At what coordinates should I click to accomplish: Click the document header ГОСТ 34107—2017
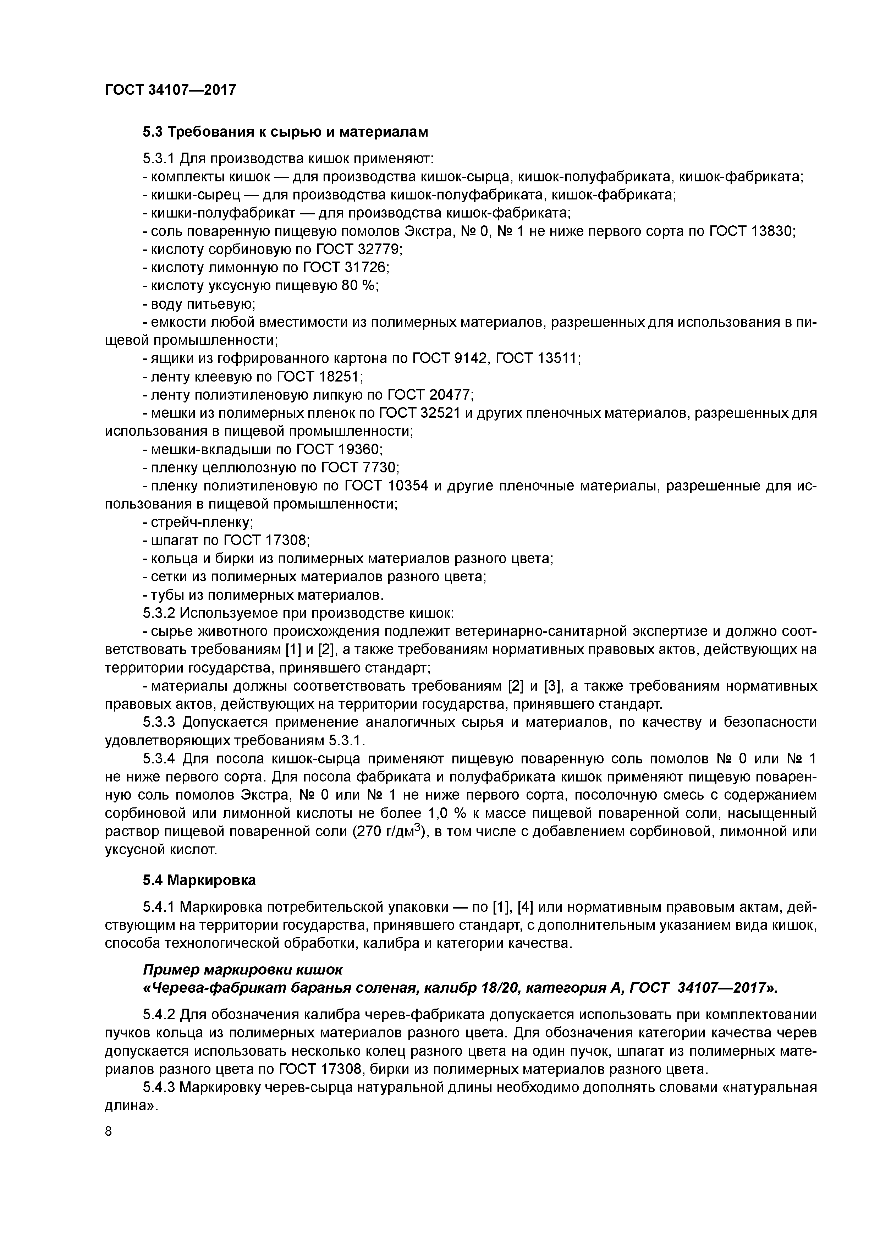coord(170,89)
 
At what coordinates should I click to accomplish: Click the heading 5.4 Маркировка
coord(199,880)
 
